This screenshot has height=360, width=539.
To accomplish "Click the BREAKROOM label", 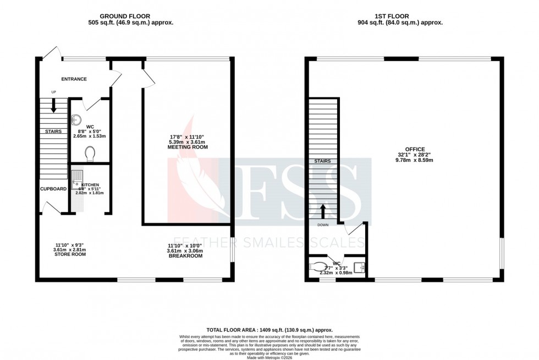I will (x=182, y=255).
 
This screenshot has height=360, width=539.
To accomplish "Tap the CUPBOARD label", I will (x=53, y=189).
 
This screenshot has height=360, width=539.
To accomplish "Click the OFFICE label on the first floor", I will (x=415, y=149).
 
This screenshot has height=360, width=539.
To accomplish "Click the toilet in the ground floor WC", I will (x=91, y=154).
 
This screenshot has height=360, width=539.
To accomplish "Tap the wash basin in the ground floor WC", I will (x=76, y=119).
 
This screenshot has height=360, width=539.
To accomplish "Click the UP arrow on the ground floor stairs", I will (x=53, y=106).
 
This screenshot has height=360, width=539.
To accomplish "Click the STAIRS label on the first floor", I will (x=322, y=161).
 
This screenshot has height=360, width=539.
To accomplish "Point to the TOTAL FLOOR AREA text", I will (x=269, y=329).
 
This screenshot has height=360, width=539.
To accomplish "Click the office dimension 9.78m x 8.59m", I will (x=415, y=160).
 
